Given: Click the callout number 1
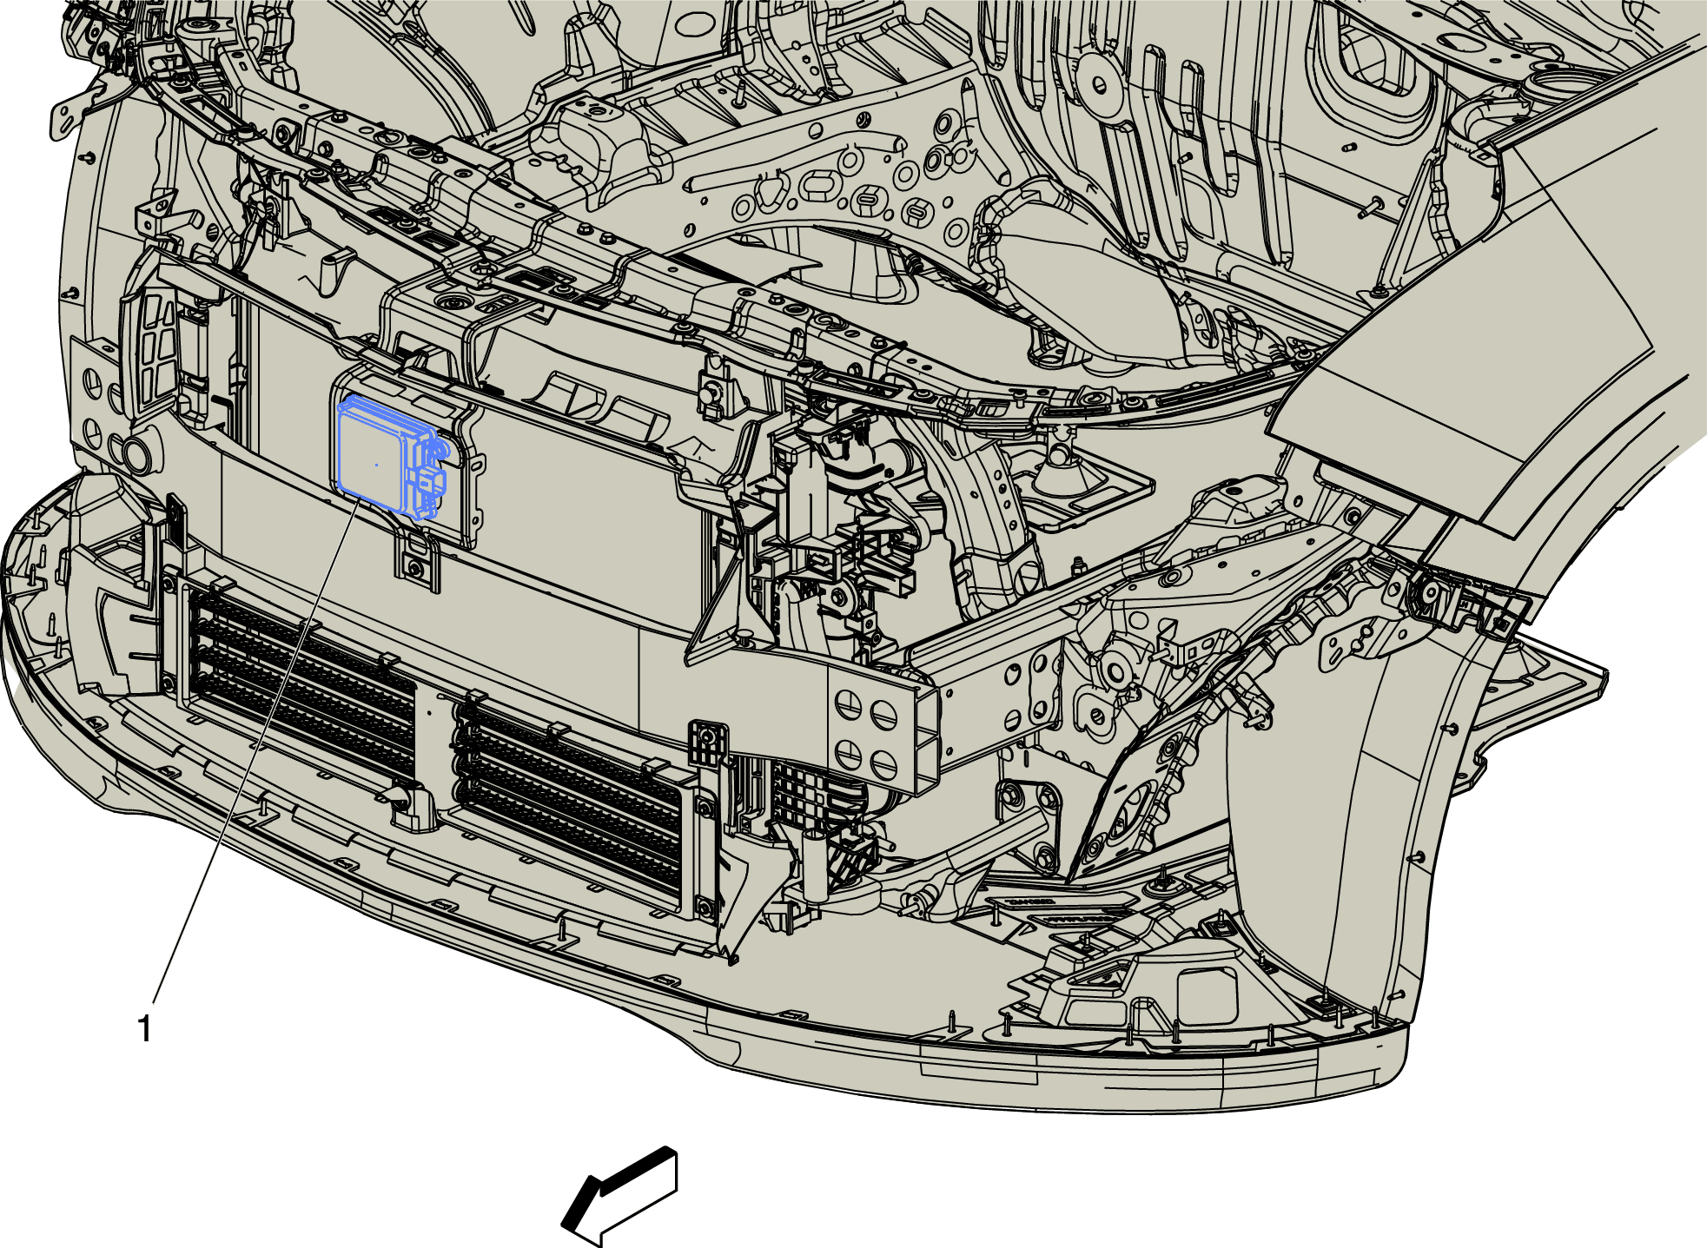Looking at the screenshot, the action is pos(145,1029).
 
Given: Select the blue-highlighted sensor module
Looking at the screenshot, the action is pos(389,456).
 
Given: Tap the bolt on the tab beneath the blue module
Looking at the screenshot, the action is pos(416,570).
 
